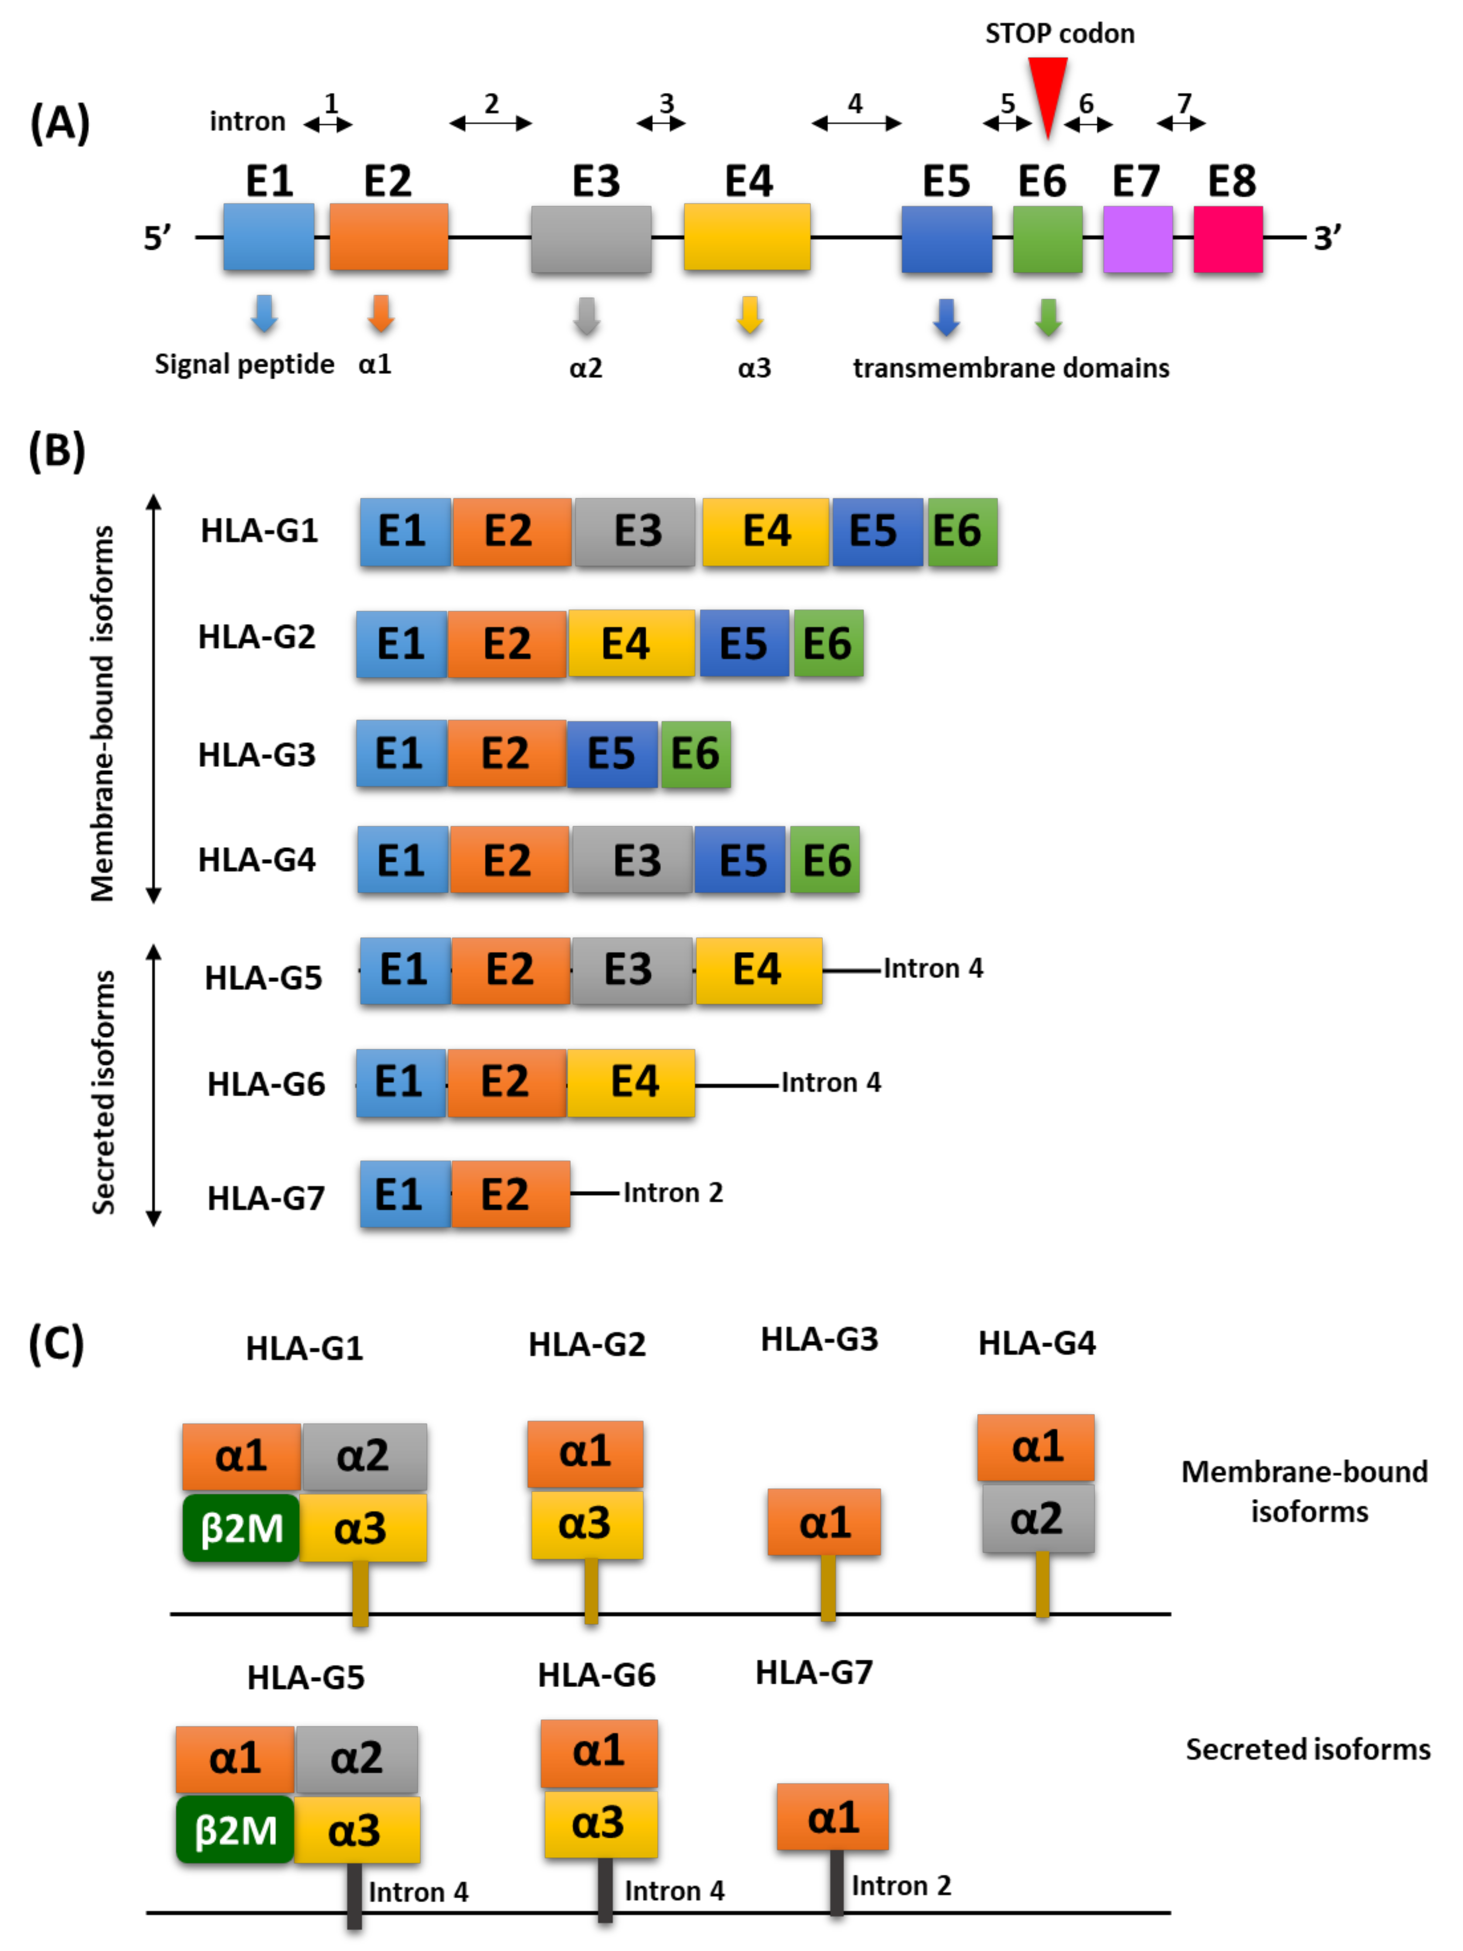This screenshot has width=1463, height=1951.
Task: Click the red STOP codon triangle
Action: point(1047,88)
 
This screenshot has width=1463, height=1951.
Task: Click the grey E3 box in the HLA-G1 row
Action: point(635,531)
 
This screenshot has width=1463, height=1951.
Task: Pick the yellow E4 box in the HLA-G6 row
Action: point(631,1082)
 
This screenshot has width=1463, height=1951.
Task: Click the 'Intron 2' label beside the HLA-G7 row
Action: point(673,1192)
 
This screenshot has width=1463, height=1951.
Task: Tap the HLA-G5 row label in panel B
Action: point(263,977)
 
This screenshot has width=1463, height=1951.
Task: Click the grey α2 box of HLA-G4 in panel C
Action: point(1038,1519)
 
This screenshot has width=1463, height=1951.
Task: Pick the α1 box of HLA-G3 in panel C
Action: point(824,1522)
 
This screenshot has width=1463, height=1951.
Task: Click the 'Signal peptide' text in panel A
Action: point(244,364)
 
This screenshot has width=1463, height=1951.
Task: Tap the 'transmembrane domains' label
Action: point(1011,368)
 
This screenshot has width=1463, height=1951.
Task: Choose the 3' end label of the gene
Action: point(1327,238)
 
